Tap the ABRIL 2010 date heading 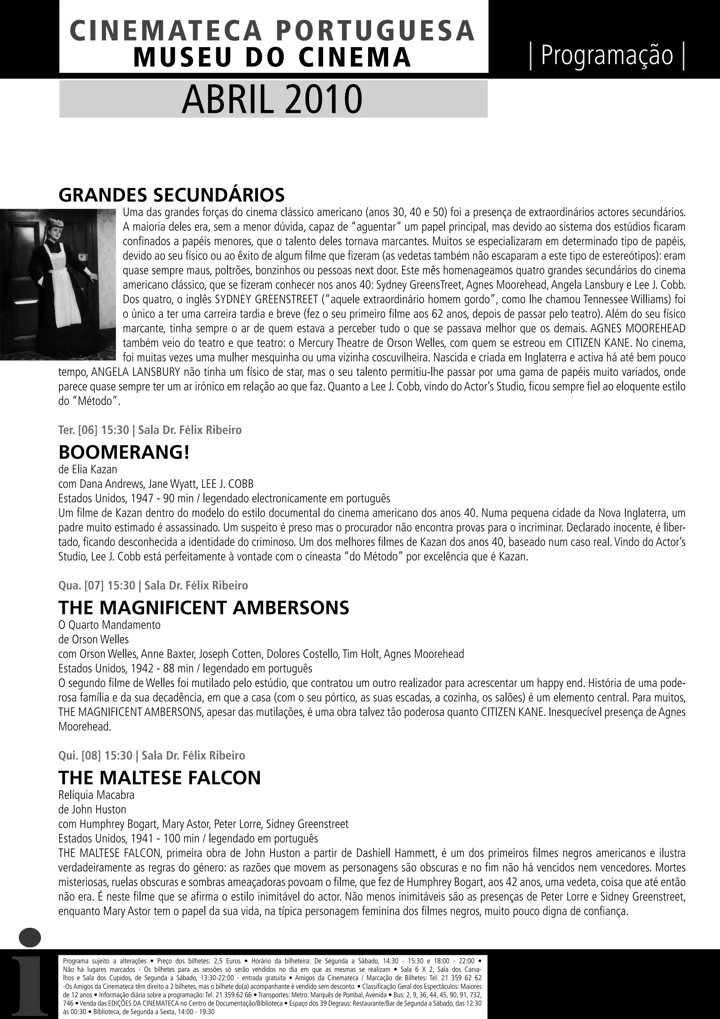coord(272,100)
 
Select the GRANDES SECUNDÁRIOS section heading coord(172,195)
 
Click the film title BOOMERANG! coord(124,452)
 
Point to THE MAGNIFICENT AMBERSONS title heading coord(204,607)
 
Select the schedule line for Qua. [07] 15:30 coord(153,585)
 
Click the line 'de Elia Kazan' coord(88,469)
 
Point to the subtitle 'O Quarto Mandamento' coord(109,625)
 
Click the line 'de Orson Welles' coord(94,639)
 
